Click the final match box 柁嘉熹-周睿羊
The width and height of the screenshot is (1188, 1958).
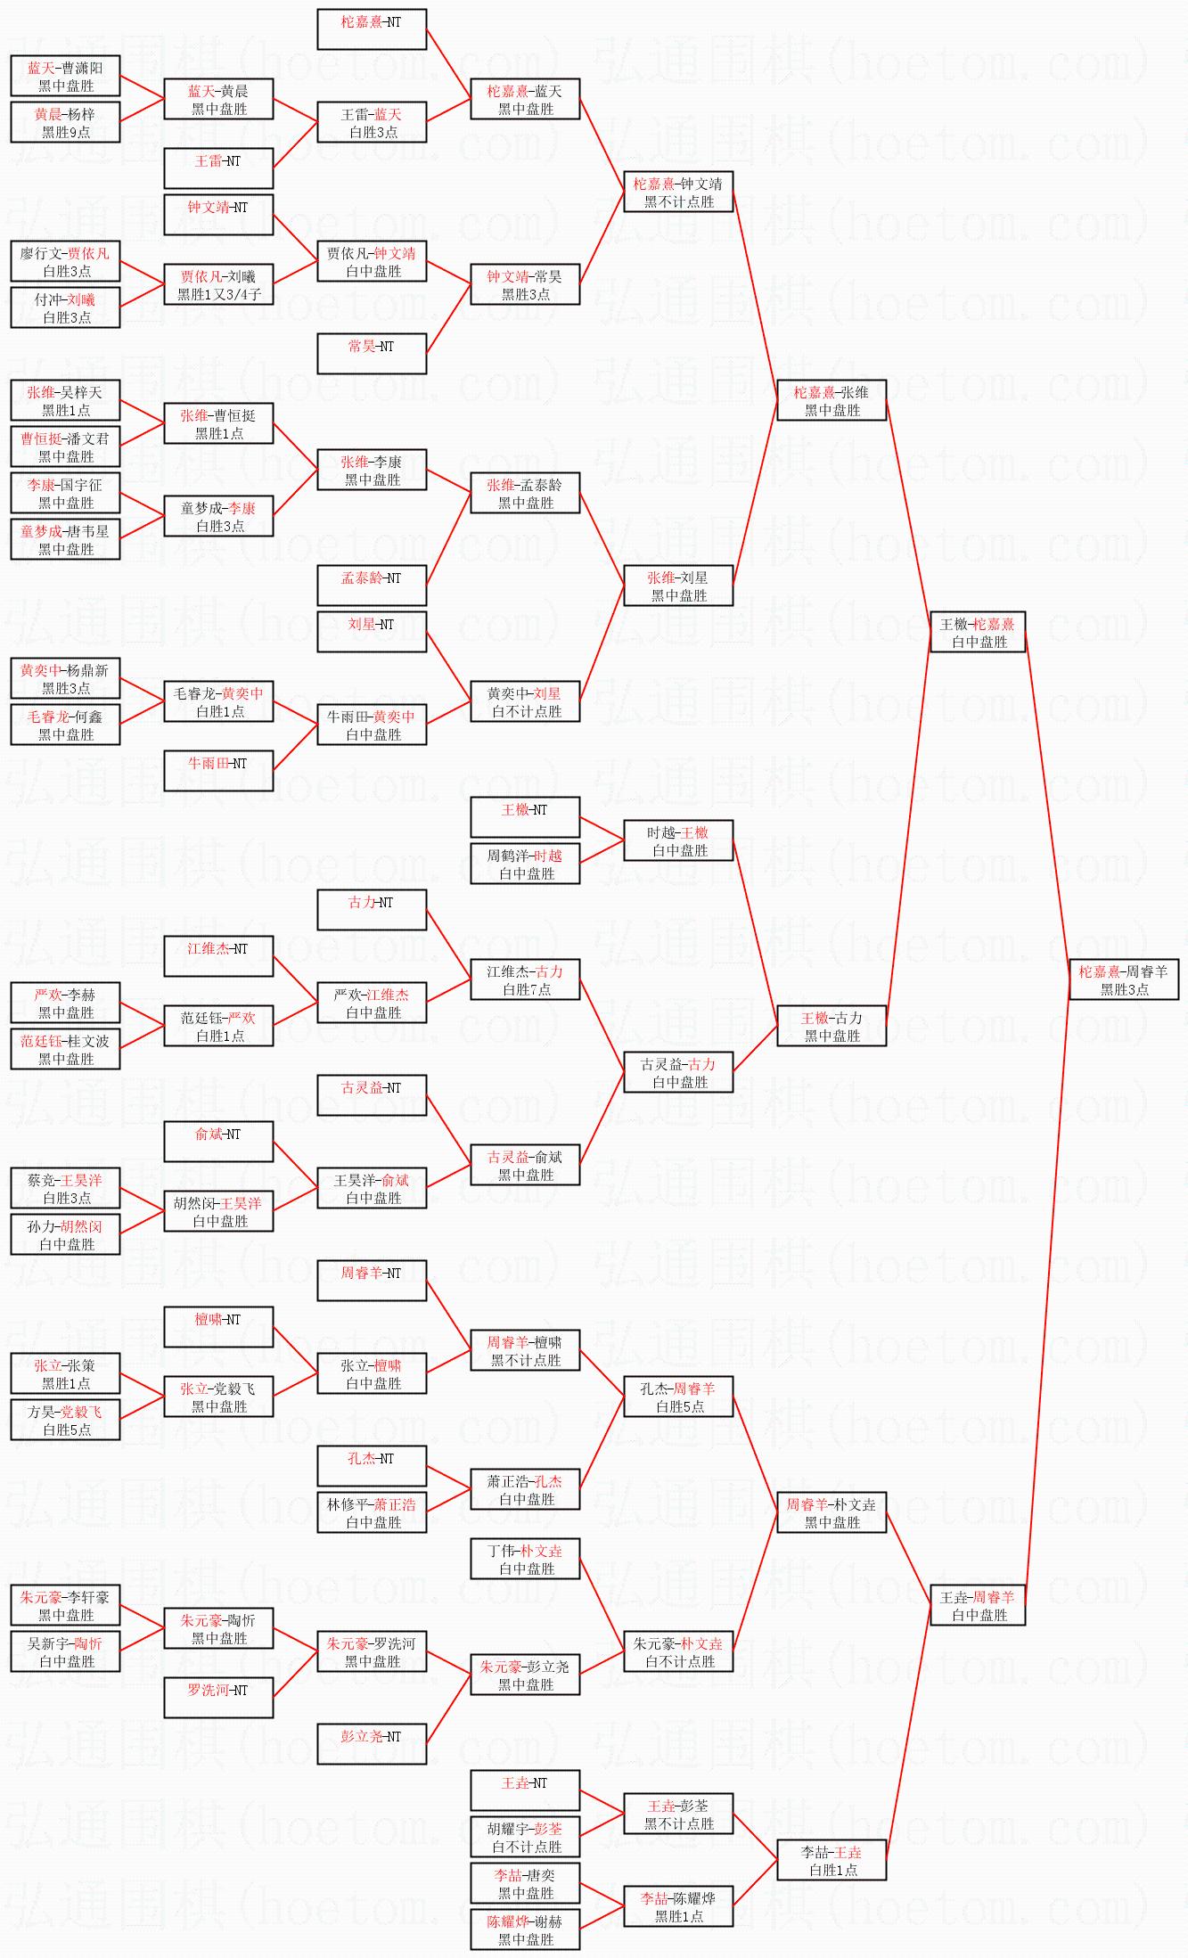click(x=1124, y=979)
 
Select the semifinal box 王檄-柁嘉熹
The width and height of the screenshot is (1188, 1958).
click(x=978, y=632)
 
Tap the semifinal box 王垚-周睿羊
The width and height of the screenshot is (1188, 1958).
click(x=978, y=1605)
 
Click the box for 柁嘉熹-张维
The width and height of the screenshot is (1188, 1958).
click(x=832, y=400)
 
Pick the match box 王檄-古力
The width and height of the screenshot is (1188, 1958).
click(x=832, y=1026)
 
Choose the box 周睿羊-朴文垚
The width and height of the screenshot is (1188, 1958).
click(x=832, y=1512)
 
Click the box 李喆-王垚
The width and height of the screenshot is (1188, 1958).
click(x=832, y=1860)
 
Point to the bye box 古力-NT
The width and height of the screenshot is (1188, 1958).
click(x=372, y=910)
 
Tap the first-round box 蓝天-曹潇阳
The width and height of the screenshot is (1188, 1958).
click(x=65, y=76)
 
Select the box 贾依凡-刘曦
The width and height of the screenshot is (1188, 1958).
click(x=218, y=284)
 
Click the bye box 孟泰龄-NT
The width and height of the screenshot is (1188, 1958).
click(x=372, y=586)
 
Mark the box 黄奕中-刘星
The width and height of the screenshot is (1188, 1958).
click(x=525, y=701)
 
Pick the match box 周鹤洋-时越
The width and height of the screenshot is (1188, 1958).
click(x=525, y=864)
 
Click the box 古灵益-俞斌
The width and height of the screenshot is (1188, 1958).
click(x=525, y=1165)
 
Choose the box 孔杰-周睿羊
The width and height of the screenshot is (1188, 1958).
click(x=678, y=1397)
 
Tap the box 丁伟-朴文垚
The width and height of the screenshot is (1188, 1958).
click(x=525, y=1559)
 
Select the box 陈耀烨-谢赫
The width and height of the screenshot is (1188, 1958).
click(x=525, y=1929)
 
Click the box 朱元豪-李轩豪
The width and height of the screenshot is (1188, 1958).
click(x=65, y=1605)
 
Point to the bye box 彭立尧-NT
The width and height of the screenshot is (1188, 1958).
click(x=372, y=1744)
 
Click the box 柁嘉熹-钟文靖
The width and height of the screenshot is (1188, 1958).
click(x=678, y=192)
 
